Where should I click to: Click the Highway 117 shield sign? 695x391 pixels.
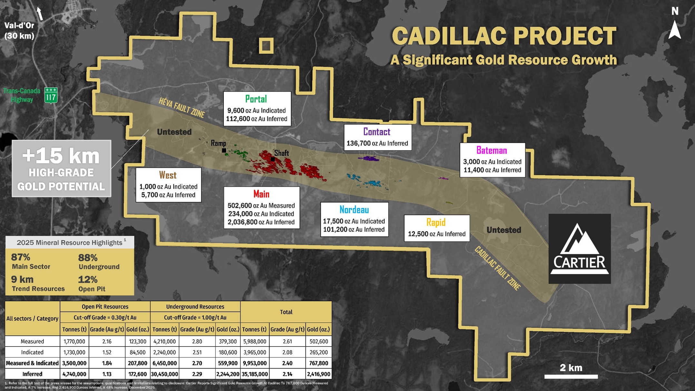click(51, 95)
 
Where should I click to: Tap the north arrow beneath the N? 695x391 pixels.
click(675, 30)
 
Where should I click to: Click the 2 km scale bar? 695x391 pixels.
click(571, 376)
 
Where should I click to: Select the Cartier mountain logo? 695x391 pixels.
click(580, 248)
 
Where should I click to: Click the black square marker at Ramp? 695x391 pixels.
click(224, 150)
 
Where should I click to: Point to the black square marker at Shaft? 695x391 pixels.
click(273, 159)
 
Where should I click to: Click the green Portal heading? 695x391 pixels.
click(256, 99)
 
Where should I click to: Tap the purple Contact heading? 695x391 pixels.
click(377, 132)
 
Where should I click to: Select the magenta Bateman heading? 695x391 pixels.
click(491, 150)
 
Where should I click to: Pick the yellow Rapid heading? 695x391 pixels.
click(436, 222)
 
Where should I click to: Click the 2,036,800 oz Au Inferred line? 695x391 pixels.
click(261, 222)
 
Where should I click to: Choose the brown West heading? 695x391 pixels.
click(168, 175)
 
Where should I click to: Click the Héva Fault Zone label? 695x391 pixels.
click(182, 108)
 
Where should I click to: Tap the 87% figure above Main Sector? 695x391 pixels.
click(21, 257)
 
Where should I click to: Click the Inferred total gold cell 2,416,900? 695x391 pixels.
click(318, 374)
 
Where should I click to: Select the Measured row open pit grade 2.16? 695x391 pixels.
click(107, 341)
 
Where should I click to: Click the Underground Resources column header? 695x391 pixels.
click(195, 306)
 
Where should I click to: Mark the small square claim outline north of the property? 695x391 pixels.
click(266, 46)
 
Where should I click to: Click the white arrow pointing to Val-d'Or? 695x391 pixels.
click(40, 14)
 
